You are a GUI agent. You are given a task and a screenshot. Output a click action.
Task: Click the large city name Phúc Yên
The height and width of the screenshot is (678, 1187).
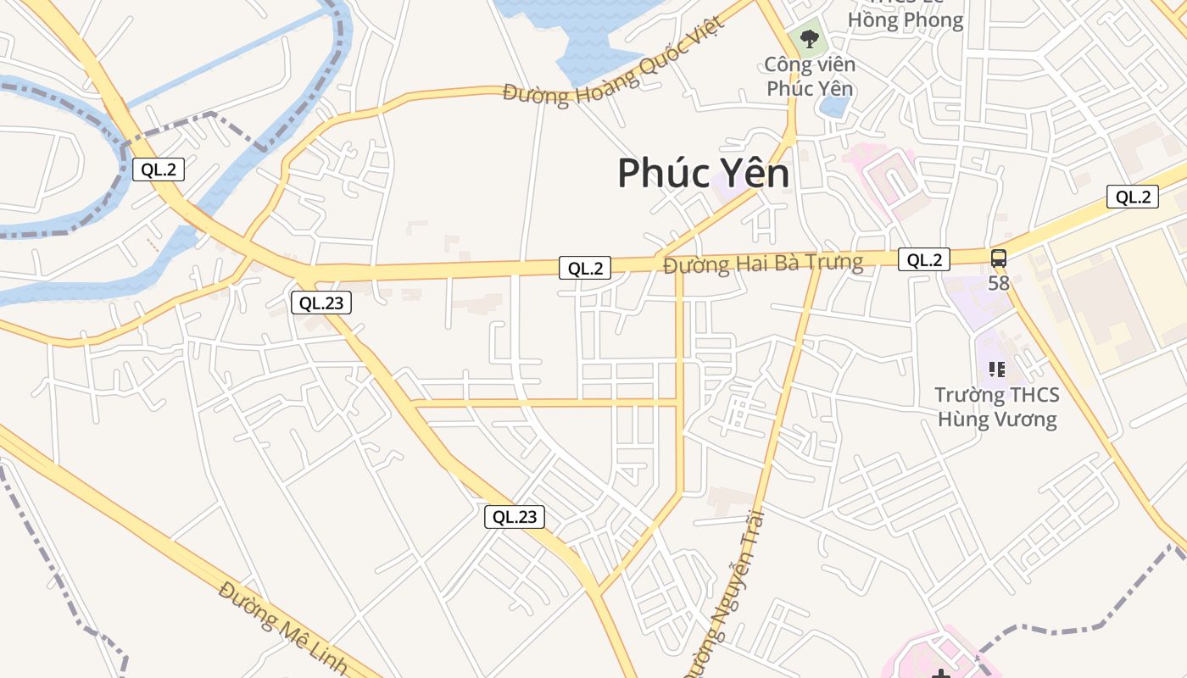point(703,174)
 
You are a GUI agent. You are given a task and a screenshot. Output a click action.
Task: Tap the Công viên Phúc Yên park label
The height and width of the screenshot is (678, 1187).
point(810,76)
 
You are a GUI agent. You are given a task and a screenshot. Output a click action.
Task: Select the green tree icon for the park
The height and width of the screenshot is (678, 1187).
point(810,38)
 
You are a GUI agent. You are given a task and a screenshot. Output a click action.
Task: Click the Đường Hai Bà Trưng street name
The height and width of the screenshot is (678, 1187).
point(763,263)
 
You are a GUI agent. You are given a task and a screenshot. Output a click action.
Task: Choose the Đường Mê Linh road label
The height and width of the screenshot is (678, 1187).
point(283,628)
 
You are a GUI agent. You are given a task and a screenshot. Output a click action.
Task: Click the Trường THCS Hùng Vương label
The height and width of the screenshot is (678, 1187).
point(997,407)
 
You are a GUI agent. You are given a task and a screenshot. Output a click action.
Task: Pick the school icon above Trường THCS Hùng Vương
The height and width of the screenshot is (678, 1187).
point(997,369)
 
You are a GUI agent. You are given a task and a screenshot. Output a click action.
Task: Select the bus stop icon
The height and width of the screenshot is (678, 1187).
point(999,258)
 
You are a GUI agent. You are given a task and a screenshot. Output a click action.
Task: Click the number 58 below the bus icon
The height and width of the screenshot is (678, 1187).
point(999,283)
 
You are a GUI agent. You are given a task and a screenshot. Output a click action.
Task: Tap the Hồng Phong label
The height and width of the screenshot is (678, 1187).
point(906,20)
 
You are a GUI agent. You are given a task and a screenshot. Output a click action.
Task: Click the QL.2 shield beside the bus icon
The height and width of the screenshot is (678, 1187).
point(924,259)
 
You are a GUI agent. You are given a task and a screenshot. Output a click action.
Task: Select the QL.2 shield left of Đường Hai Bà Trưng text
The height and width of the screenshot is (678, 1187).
point(585,268)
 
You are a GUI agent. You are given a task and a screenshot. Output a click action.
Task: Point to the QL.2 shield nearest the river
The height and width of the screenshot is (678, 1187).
point(158,169)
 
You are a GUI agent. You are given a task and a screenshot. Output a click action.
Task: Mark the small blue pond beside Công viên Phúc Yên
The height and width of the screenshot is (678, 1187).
point(836,107)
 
